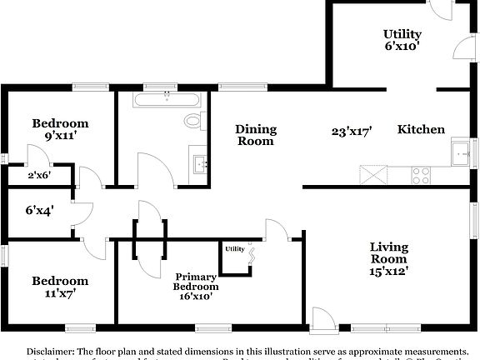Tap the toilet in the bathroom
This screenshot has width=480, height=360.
tap(194, 121)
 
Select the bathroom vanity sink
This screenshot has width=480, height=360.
tap(200, 162)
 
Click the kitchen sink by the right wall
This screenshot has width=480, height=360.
tap(461, 154)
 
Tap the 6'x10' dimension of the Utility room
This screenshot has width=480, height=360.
tap(402, 47)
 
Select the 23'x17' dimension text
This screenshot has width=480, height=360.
tap(351, 131)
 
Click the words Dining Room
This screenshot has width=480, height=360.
tap(256, 135)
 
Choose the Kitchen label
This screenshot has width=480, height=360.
tap(421, 129)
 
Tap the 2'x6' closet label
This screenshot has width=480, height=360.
tap(40, 176)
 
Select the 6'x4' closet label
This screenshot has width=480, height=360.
tap(38, 211)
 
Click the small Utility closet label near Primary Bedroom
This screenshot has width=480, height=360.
tap(234, 248)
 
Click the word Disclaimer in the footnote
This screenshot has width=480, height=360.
tap(52, 352)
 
